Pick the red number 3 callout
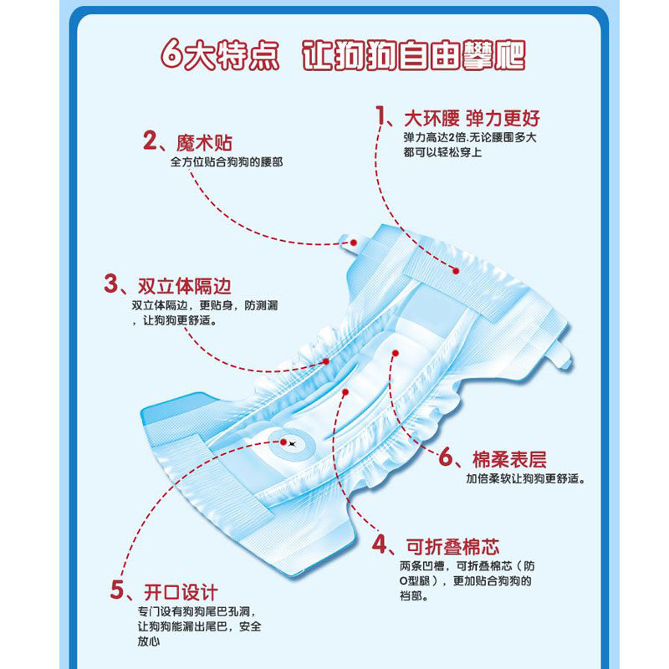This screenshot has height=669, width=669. coord(111,283)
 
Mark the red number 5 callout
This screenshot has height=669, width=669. coord(119,590)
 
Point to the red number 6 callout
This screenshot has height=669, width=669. coord(447,457)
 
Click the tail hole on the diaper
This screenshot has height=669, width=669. coord(293,442)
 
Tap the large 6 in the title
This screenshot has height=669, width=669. coord(173,52)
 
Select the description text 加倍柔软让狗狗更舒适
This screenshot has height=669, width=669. coord(525,479)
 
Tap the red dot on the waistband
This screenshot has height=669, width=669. coord(457,269)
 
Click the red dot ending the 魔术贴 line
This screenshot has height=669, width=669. coord(354,242)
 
